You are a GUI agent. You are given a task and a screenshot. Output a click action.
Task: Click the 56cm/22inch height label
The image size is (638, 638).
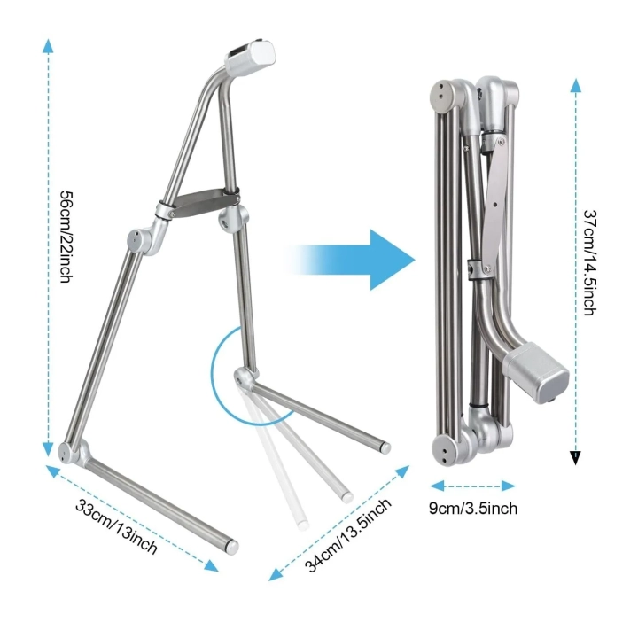click(66, 237)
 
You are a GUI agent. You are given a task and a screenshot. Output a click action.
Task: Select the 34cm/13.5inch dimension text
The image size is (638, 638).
click(348, 534)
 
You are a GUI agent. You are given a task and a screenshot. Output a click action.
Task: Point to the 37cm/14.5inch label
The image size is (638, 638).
click(589, 262)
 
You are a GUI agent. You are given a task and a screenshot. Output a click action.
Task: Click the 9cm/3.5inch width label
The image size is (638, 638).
click(473, 509)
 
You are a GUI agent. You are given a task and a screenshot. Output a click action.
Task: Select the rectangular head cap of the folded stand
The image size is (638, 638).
click(535, 372)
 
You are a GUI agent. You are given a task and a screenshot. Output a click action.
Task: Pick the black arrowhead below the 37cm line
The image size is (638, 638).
click(575, 457)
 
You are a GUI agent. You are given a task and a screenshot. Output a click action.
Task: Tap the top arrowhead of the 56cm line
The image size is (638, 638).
click(48, 45)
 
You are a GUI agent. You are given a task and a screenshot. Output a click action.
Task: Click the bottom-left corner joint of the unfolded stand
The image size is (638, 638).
click(74, 452)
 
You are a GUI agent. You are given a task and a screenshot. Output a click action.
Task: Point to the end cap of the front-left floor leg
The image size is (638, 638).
click(232, 547)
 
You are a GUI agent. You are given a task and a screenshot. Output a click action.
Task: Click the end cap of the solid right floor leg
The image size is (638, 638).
click(385, 448)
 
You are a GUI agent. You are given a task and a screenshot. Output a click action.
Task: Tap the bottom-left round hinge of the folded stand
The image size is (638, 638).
click(446, 450)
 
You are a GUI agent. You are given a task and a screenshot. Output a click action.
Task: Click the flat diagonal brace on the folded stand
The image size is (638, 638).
click(495, 204)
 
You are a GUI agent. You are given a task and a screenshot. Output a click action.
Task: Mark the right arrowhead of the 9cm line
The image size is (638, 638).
click(509, 486)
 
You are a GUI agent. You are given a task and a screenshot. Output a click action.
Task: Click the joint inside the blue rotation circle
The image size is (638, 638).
click(245, 377)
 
